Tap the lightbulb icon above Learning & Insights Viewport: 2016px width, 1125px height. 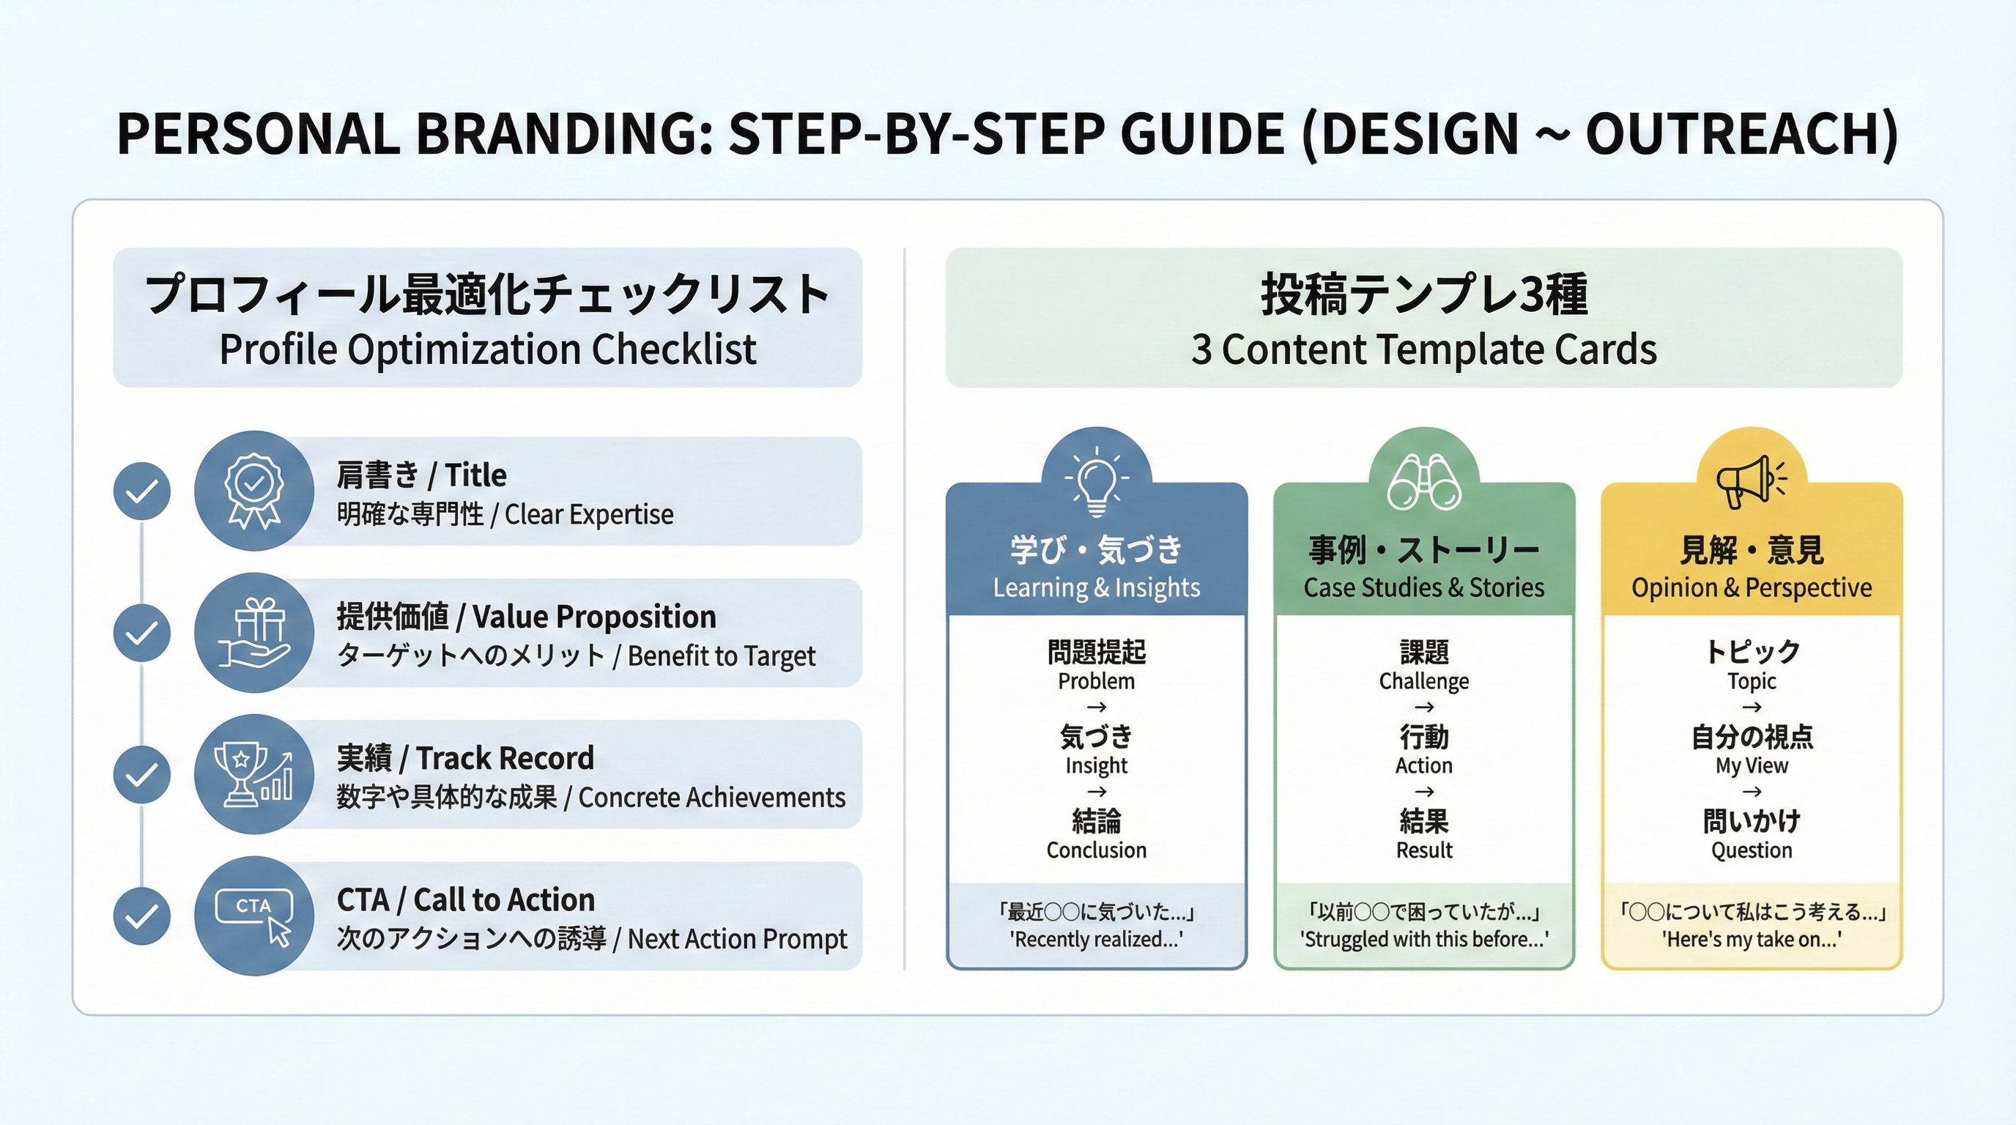pos(1097,481)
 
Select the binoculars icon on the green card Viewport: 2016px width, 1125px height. pos(1423,481)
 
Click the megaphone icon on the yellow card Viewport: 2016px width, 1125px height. pos(1752,481)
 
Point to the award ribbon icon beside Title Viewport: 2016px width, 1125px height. pos(253,491)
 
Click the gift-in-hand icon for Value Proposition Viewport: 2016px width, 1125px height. pos(253,632)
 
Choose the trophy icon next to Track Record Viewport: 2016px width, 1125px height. pos(253,773)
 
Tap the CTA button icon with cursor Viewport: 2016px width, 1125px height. pos(253,916)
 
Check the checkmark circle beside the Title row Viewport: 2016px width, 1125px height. pos(141,491)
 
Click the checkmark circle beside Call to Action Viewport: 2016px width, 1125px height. pos(141,916)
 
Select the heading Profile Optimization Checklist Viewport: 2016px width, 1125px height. pos(488,349)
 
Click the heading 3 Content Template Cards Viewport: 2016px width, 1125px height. pos(1423,349)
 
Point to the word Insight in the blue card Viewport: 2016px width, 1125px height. pos(1097,765)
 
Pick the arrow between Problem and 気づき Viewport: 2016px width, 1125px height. pos(1097,708)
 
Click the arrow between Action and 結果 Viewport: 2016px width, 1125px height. pos(1423,792)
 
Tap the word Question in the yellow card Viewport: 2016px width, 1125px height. pos(1752,850)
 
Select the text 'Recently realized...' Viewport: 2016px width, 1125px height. pos(1097,939)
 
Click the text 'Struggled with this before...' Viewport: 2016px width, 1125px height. pos(1423,939)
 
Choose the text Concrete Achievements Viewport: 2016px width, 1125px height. pos(711,797)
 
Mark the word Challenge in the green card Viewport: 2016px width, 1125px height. pos(1423,681)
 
